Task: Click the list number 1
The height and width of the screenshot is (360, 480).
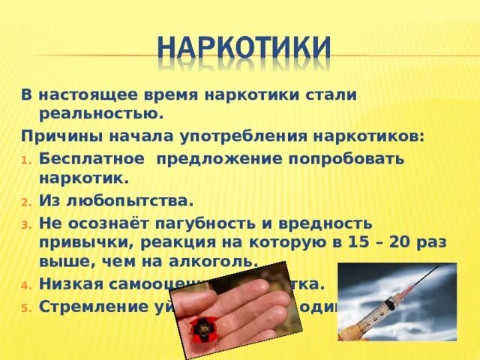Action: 25,160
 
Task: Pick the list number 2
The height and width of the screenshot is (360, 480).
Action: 25,202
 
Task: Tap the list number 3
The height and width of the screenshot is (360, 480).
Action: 25,224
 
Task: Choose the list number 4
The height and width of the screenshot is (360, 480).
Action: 25,285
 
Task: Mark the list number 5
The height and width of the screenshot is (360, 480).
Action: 25,307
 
